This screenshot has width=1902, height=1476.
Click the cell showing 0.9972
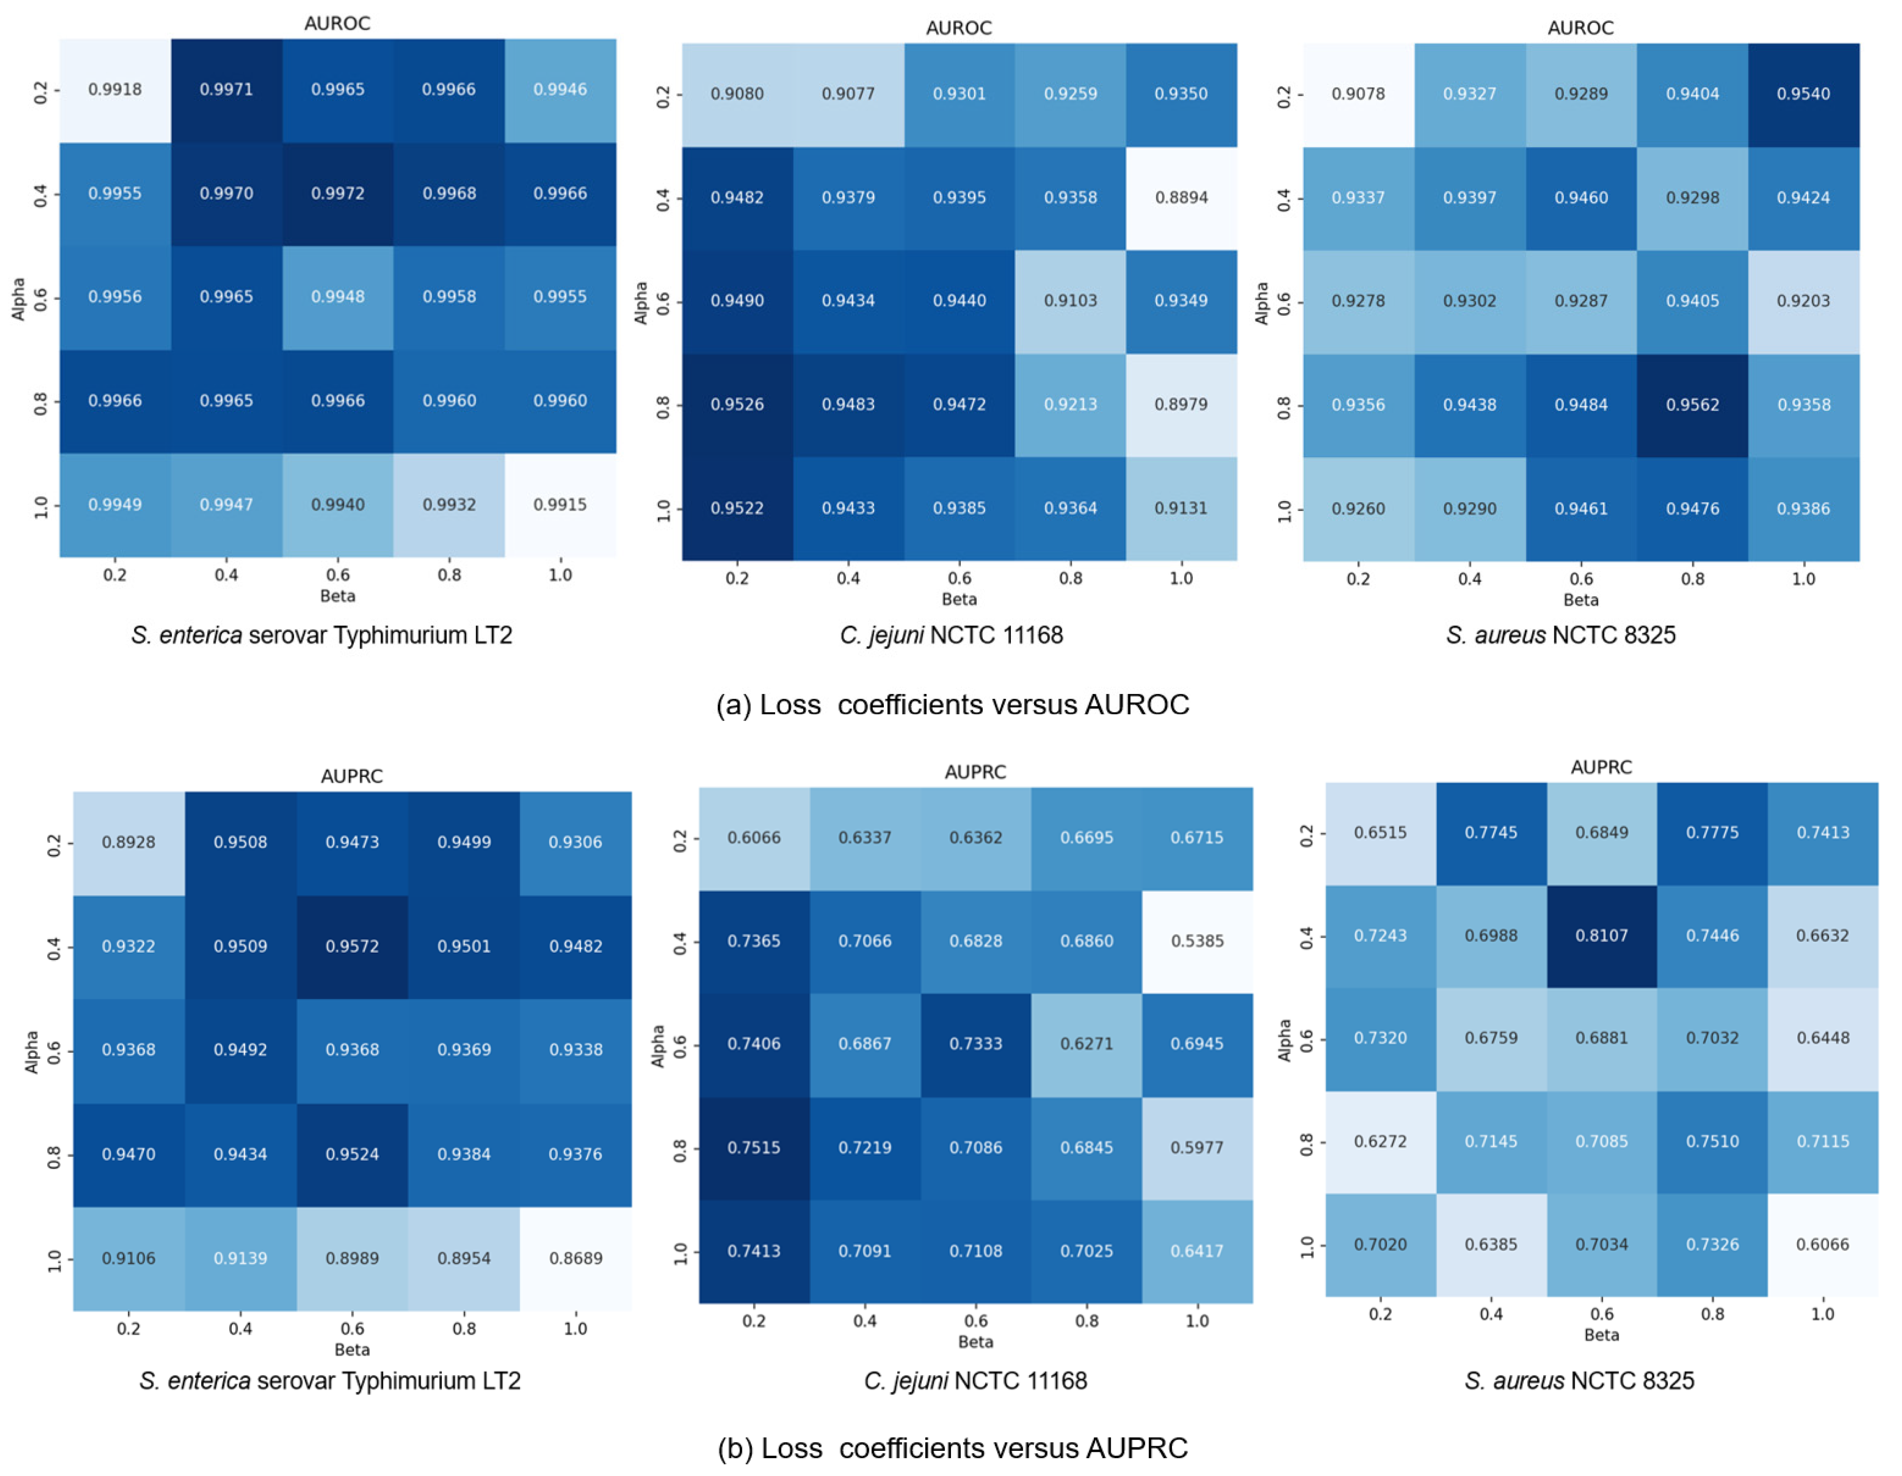click(338, 193)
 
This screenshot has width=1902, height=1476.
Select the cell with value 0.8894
click(1181, 198)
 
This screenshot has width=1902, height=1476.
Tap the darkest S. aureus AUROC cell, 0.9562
click(1692, 405)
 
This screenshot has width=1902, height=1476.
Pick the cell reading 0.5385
click(1197, 941)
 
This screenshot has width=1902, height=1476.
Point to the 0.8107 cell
click(1601, 935)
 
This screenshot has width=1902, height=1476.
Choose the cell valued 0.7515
click(754, 1148)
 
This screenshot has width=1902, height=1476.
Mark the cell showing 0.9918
click(115, 89)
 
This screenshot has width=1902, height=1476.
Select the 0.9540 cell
click(1803, 94)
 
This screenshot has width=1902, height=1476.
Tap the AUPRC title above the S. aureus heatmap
click(1600, 767)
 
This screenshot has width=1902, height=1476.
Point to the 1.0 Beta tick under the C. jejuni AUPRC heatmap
click(1197, 1320)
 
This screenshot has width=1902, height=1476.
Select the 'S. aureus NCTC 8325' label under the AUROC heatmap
click(1560, 635)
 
